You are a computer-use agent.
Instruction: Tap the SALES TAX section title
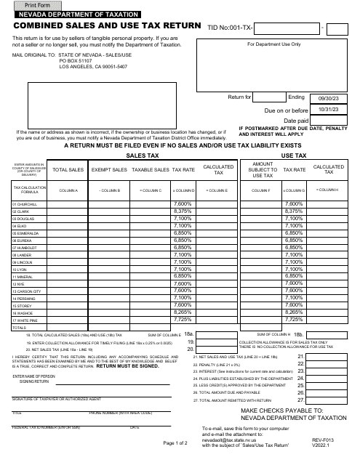point(141,155)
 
